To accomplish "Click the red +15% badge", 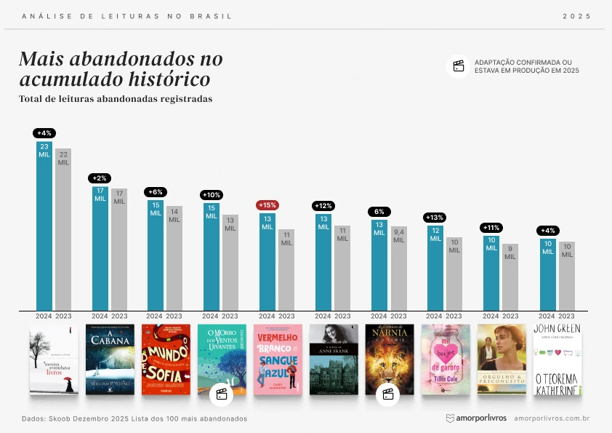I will [x=267, y=205].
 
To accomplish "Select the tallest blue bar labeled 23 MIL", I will [x=44, y=226].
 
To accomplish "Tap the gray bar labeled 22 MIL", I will [x=63, y=230].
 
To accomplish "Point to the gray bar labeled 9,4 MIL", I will [x=399, y=269].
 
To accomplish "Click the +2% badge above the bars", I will [x=100, y=178].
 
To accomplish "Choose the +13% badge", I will [x=435, y=218].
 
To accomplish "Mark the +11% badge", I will [x=491, y=228].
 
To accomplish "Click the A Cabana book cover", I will [x=110, y=359].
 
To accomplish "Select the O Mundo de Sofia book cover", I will [x=166, y=359].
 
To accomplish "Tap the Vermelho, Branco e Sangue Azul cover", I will [x=278, y=359].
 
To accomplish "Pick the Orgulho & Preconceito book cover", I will [x=502, y=359].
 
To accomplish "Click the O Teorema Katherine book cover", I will [x=557, y=359].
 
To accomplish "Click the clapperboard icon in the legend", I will [x=459, y=66].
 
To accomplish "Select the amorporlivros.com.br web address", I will [x=551, y=418].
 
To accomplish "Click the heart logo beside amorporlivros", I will [x=450, y=418].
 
